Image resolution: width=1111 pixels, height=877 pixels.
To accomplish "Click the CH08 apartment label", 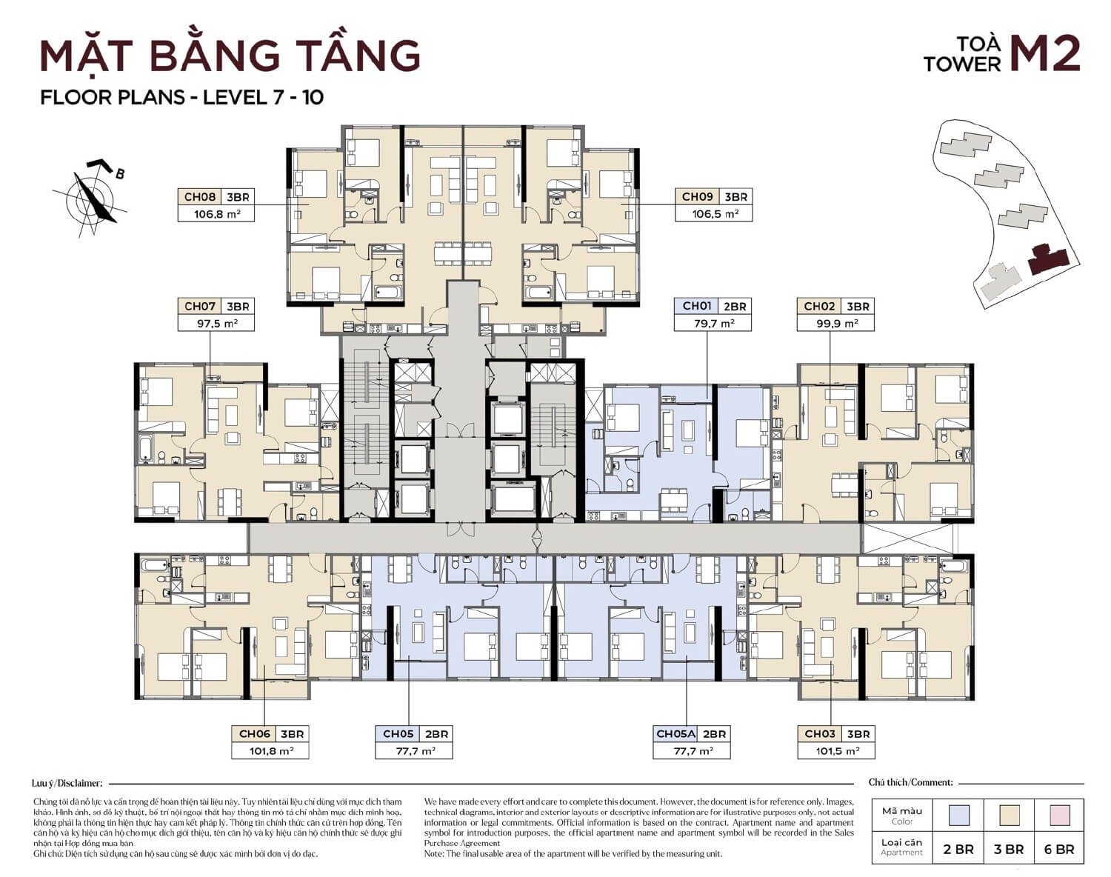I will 199,197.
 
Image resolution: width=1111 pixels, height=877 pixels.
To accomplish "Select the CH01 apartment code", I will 696,306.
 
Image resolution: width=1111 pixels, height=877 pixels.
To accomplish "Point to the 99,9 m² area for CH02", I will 835,323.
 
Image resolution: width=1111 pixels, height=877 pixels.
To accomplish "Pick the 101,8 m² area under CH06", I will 269,750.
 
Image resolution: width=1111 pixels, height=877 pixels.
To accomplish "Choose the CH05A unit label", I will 675,734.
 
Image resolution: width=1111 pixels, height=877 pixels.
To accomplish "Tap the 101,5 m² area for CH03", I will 835,750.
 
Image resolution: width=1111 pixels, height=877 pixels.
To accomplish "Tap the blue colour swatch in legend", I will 959,816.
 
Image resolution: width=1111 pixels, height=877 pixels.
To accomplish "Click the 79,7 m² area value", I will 712,323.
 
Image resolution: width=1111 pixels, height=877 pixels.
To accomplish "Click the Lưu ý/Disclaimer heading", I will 67,782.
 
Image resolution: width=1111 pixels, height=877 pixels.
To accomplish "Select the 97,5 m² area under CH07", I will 215,323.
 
